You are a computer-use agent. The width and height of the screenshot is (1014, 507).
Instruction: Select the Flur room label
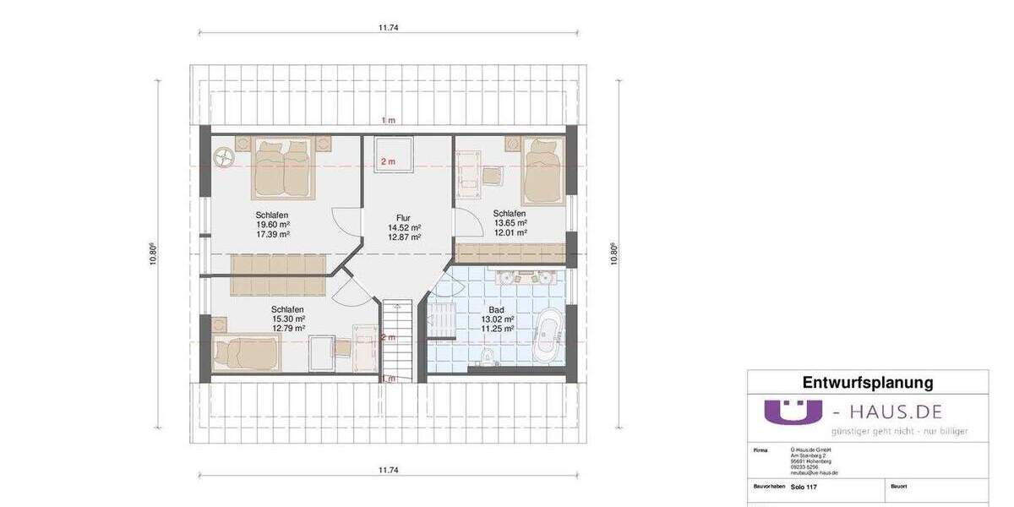click(x=404, y=217)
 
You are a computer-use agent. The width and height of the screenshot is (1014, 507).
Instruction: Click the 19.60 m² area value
click(x=272, y=225)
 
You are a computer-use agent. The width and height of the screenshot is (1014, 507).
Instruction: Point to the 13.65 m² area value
click(x=510, y=222)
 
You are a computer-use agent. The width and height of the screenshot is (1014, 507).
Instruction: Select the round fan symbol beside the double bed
click(x=225, y=156)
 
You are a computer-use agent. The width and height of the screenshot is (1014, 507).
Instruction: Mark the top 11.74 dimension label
click(x=388, y=28)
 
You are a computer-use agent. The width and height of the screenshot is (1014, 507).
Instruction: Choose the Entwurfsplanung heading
click(x=867, y=383)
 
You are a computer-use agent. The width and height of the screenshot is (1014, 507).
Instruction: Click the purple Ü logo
click(x=793, y=412)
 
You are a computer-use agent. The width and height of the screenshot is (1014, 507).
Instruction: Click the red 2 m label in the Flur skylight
click(x=388, y=161)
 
